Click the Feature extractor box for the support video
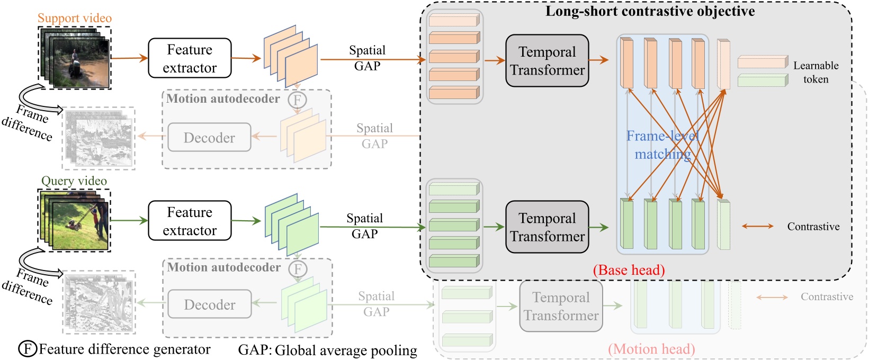click(190, 58)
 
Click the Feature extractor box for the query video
click(190, 221)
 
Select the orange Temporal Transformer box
click(547, 61)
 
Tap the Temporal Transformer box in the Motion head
click(561, 307)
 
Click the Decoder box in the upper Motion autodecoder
click(209, 138)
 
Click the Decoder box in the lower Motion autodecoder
click(210, 304)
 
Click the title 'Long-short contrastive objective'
click(650, 11)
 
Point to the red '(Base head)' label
click(629, 270)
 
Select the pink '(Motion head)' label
click(651, 349)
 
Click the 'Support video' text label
click(75, 18)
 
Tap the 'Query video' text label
click(74, 181)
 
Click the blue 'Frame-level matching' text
click(662, 145)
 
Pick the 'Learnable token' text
click(816, 73)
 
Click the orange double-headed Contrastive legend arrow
click(757, 226)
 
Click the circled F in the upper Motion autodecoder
click(297, 100)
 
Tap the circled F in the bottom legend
click(28, 349)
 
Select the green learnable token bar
click(763, 80)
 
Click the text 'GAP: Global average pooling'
click(327, 350)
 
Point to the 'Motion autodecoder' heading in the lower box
click(223, 267)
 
